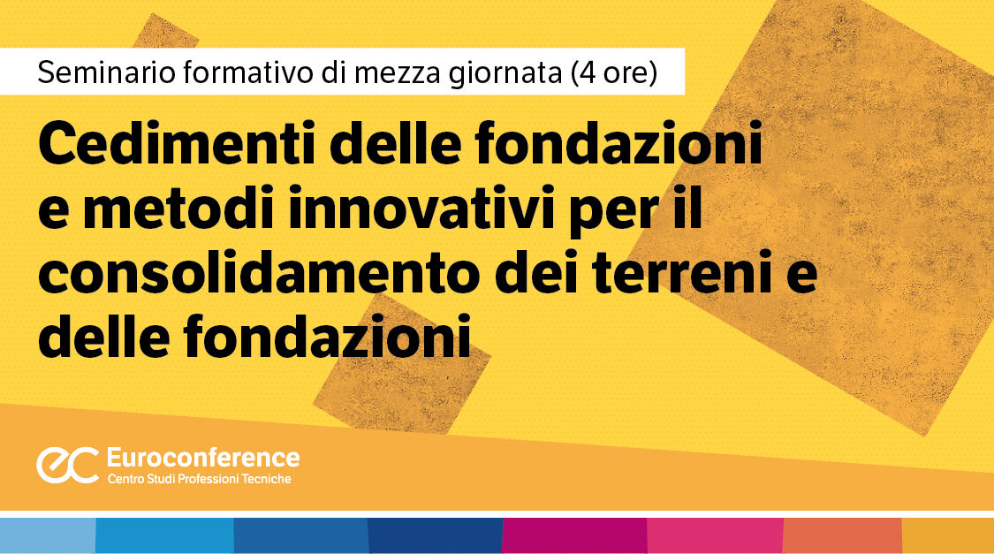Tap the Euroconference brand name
(x=202, y=458)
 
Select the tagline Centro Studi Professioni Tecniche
(x=199, y=479)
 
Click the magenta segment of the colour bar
(x=574, y=535)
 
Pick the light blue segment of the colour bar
(x=48, y=535)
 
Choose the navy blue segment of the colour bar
(x=435, y=535)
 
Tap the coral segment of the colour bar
(x=842, y=535)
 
